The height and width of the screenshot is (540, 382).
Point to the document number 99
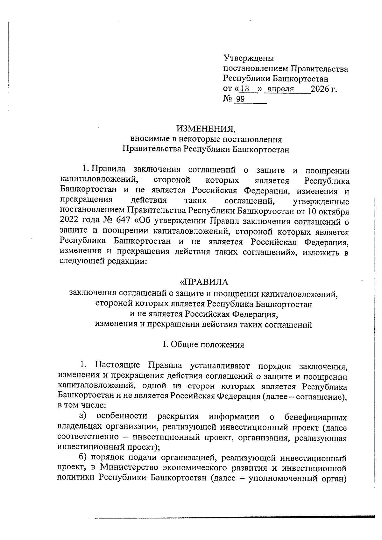click(x=240, y=99)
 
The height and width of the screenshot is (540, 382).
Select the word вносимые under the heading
click(x=146, y=139)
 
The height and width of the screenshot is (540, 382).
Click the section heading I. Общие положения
click(x=203, y=345)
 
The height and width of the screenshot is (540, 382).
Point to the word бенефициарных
click(x=315, y=417)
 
